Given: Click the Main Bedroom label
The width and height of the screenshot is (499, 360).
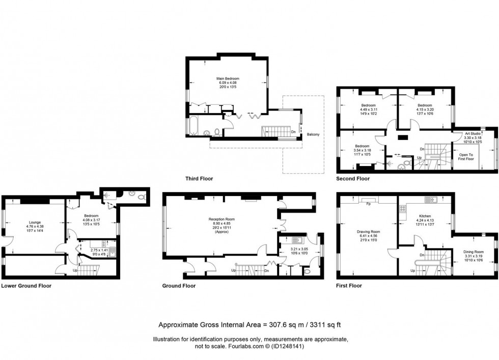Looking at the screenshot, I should point(228,79).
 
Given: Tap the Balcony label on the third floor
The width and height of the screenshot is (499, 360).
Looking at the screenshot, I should point(313,134).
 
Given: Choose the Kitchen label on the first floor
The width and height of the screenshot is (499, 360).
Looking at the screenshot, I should point(425,216).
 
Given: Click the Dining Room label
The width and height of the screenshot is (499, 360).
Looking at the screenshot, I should point(473,252).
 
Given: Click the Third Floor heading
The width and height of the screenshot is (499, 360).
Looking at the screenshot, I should point(199,179).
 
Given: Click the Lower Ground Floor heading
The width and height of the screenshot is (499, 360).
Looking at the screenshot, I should point(26,286).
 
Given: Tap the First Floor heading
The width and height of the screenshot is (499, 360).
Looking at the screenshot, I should point(349,286).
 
